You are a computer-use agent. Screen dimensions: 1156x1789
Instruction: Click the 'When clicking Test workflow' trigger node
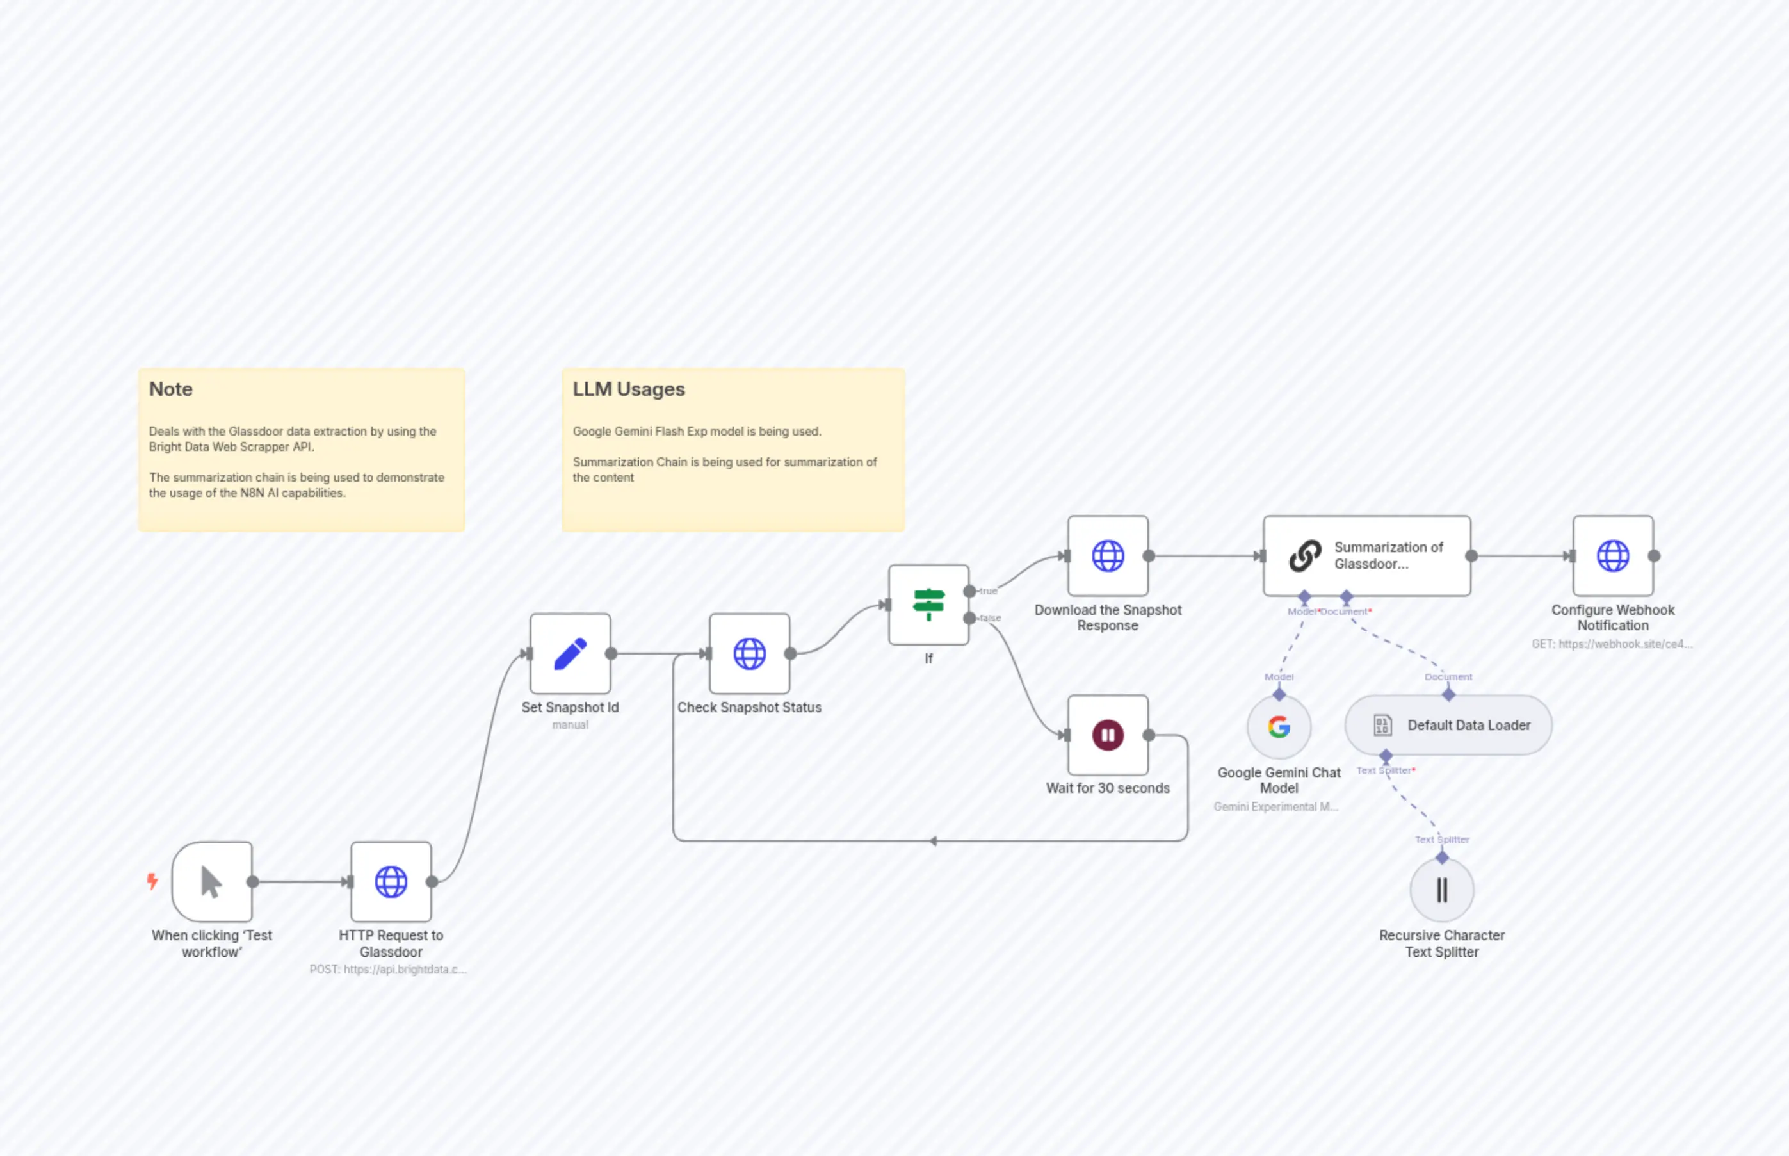211,881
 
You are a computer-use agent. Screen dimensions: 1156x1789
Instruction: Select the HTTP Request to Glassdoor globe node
391,881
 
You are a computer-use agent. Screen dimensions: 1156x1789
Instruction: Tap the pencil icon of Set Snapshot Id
571,653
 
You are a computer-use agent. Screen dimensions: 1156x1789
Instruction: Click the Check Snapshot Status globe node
749,653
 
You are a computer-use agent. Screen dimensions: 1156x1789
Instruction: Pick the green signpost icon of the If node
928,605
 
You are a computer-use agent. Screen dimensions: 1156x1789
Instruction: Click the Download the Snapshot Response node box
1108,555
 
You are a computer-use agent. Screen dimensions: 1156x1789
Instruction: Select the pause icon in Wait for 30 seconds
1108,735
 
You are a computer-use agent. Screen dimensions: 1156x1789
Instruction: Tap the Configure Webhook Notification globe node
1613,555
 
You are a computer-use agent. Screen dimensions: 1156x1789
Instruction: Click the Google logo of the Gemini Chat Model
1279,727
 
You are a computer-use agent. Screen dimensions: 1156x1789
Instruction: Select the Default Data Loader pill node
1448,725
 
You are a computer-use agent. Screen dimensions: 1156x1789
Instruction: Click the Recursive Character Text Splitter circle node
1441,890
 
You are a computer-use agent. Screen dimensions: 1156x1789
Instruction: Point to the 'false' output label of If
991,619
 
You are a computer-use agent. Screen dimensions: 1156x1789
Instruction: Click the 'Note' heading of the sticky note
171,389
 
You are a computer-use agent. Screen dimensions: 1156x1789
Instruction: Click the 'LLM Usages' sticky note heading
629,389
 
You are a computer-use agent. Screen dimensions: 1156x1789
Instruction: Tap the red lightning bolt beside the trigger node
152,881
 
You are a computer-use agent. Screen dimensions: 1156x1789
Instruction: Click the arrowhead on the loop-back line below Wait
933,841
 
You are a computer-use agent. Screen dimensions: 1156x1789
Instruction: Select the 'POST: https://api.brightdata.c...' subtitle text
388,969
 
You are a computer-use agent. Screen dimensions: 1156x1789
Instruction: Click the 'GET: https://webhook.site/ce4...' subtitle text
1612,644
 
